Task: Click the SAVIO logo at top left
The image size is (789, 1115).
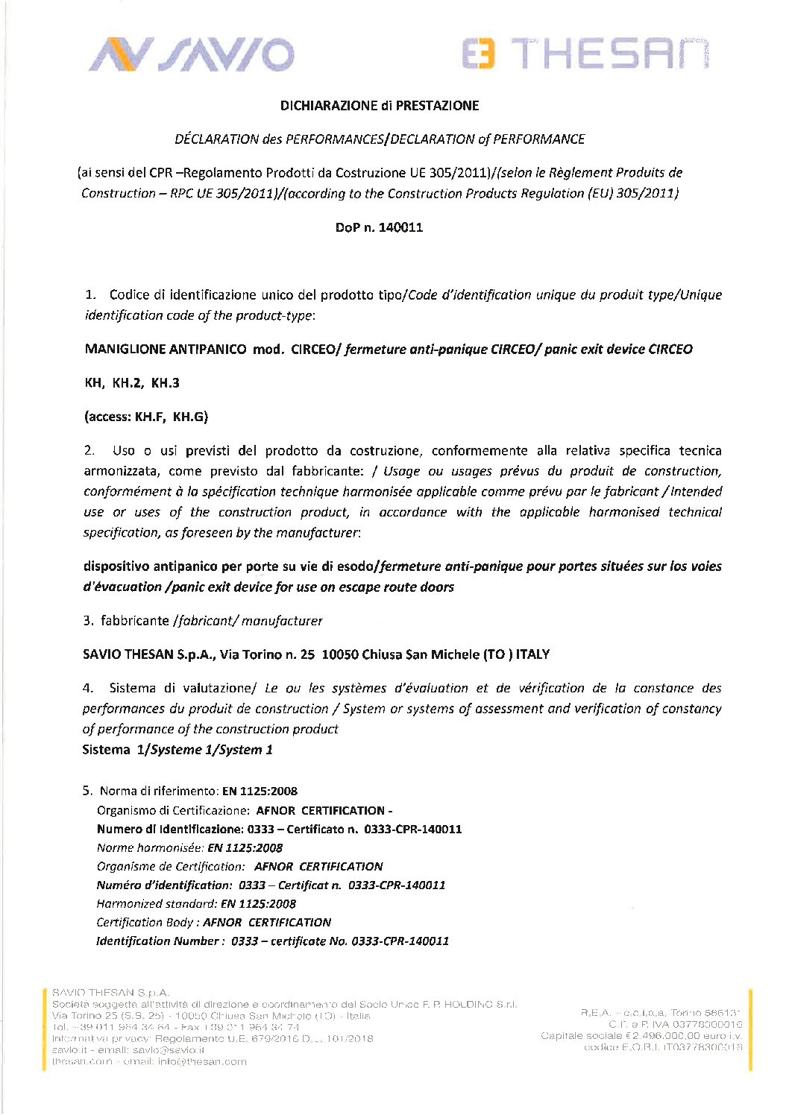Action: (x=192, y=55)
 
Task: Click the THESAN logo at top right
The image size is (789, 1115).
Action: (x=585, y=54)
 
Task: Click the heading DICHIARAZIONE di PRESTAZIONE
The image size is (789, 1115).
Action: (x=380, y=106)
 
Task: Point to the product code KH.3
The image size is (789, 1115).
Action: (x=166, y=383)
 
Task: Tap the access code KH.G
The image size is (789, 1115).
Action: (x=190, y=417)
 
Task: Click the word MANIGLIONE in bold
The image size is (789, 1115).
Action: (x=125, y=349)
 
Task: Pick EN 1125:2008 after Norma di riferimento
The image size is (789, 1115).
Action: (x=260, y=792)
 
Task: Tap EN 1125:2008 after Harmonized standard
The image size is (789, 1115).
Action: (x=258, y=904)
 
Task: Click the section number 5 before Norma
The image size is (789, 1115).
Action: (x=87, y=792)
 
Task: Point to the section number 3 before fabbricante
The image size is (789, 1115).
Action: (x=88, y=621)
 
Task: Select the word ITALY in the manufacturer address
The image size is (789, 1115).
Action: (x=532, y=654)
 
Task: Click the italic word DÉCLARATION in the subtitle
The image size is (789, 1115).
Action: (x=216, y=139)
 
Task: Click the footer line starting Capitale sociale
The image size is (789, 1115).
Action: (x=641, y=1036)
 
